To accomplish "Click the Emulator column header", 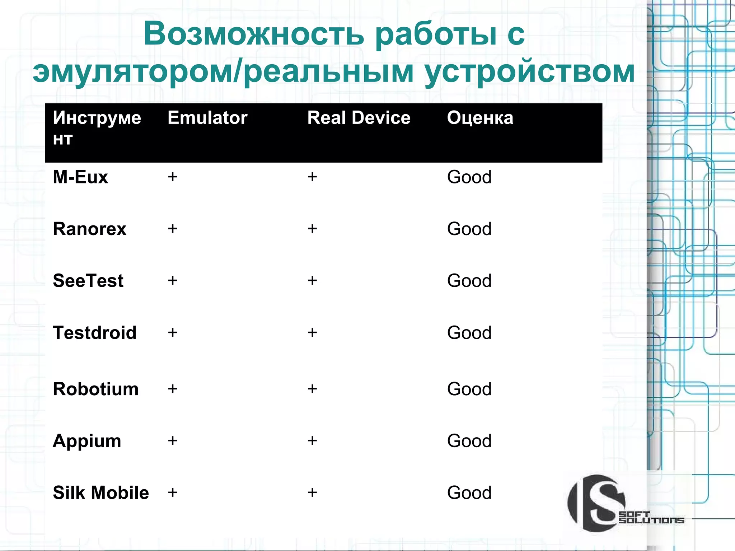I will point(207,118).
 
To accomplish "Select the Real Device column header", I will point(359,118).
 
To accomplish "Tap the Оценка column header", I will point(480,118).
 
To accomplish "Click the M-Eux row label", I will point(80,177).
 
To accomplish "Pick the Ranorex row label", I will point(89,229).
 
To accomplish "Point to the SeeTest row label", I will point(88,280).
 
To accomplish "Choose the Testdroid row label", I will point(94,332).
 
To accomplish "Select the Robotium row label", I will point(95,389).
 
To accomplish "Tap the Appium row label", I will point(87,441).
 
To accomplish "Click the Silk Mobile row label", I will point(100,492).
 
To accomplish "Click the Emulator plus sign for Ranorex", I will point(173,229).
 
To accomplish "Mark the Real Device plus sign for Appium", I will point(312,440).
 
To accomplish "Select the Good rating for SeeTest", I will point(469,280).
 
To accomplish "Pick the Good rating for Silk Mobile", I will point(469,492).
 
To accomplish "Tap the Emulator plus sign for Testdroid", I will point(173,332).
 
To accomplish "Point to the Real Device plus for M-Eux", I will point(312,177).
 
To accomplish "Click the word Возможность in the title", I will point(253,34).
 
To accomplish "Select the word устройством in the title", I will point(529,72).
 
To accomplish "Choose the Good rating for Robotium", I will point(469,389).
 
